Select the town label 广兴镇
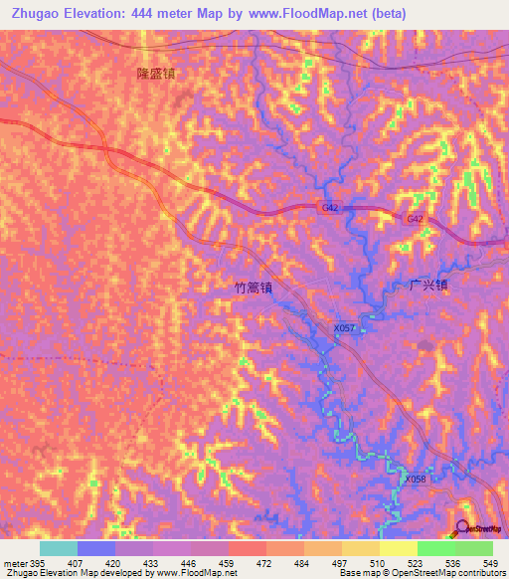point(428,284)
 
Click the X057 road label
point(345,327)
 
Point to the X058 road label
point(416,479)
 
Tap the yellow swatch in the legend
point(398,548)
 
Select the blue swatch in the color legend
point(96,548)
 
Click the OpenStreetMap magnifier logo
point(463,528)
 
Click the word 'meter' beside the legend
point(14,561)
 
